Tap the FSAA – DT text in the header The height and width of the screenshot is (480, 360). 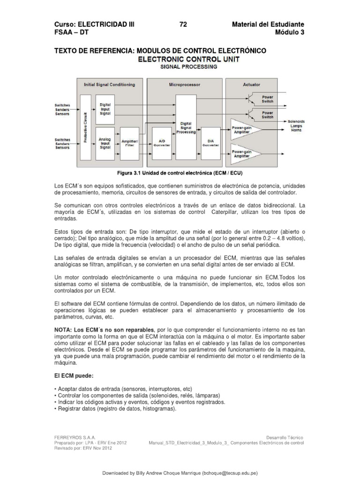72,32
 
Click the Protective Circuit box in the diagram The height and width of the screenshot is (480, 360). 85,126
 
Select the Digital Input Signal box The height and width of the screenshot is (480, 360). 105,109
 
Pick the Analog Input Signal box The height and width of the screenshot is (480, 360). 105,142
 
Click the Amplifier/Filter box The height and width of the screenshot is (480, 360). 130,143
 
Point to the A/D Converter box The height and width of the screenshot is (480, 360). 162,142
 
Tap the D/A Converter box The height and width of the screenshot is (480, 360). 210,142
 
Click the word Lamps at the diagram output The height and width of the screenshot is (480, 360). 296,126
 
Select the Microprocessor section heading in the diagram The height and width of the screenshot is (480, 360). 184,85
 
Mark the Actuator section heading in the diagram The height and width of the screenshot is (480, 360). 252,85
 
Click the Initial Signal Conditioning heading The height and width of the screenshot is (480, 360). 109,85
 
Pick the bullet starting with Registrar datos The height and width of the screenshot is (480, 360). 115,409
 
